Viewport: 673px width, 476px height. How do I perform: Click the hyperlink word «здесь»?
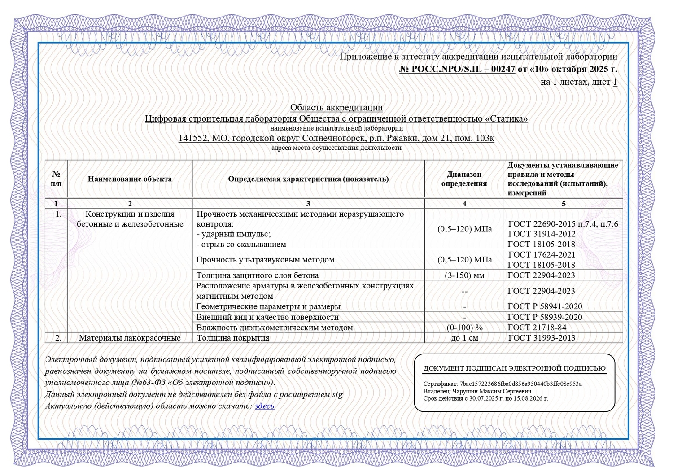pos(264,406)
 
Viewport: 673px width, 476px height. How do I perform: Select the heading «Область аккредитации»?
pos(336,107)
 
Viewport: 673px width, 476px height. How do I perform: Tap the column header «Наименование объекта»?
pos(130,179)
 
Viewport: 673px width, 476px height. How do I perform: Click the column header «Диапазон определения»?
pos(464,179)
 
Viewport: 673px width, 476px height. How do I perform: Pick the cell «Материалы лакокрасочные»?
pos(130,338)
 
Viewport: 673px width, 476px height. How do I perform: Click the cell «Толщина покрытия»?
pos(233,338)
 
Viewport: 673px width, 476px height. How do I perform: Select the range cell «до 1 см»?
pos(464,338)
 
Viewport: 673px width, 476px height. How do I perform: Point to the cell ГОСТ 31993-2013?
pos(542,338)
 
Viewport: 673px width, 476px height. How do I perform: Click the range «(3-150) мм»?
pos(464,275)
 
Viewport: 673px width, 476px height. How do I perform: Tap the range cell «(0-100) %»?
pos(464,328)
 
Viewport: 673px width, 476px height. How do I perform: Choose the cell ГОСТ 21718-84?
pos(537,328)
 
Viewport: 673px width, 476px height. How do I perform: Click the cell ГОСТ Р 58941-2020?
pos(545,306)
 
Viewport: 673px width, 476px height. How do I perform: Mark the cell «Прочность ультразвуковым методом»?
pos(265,260)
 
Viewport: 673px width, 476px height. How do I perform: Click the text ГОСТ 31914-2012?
pos(542,234)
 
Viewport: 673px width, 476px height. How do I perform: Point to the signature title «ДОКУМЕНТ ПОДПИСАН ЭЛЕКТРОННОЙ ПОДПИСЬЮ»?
pos(514,368)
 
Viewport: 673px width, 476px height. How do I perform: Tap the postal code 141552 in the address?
pos(193,138)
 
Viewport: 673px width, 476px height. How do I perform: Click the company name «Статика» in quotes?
pos(506,119)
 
